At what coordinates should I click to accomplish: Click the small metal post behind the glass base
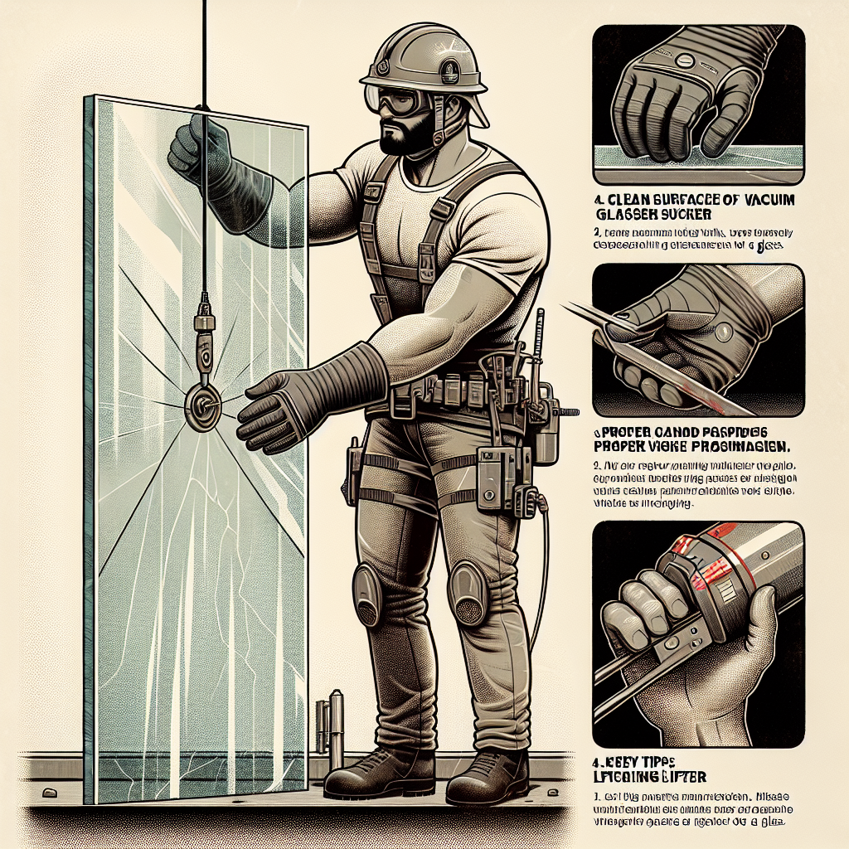pos(336,721)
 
